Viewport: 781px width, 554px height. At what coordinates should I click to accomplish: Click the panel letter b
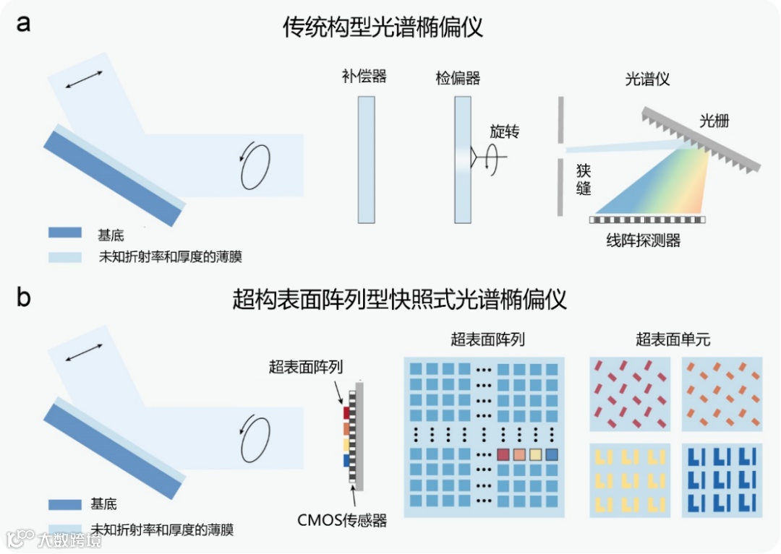pos(25,297)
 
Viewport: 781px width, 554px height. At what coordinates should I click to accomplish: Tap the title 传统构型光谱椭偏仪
pos(383,27)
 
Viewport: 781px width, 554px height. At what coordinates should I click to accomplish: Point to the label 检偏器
pos(458,77)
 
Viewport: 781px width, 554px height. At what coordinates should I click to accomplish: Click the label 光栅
pos(714,121)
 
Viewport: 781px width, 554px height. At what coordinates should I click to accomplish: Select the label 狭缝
pos(584,180)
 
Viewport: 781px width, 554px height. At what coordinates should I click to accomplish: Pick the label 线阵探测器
pos(644,241)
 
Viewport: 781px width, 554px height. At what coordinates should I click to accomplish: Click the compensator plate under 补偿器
pos(366,160)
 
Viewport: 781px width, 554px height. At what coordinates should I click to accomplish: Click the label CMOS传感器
pos(342,519)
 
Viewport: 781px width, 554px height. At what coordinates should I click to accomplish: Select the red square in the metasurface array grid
pos(504,455)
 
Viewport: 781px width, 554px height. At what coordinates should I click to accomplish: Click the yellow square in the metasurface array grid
pos(536,455)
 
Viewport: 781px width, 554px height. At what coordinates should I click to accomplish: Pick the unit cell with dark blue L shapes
pos(722,479)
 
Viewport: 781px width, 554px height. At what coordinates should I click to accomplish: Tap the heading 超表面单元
pos(673,339)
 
